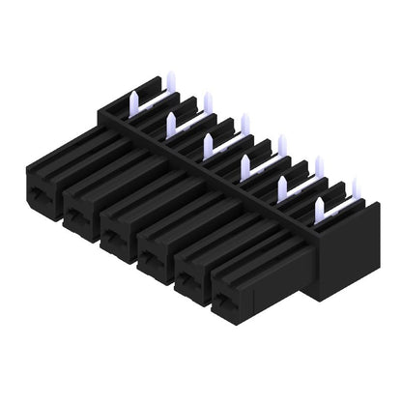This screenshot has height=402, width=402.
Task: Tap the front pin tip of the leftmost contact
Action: click(133, 98)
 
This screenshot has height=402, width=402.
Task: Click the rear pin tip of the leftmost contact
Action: click(169, 77)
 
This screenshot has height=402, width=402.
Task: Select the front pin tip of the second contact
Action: click(171, 119)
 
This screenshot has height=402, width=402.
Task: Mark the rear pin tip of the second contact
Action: click(207, 98)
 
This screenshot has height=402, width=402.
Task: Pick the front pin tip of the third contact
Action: click(208, 141)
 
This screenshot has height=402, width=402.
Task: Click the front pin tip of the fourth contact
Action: click(245, 162)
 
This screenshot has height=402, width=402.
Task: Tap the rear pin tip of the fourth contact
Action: click(281, 141)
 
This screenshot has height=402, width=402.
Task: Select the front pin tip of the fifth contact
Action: click(283, 184)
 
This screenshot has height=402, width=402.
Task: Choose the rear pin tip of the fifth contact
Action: click(318, 161)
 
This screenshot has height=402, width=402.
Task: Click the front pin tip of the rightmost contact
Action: click(320, 205)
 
